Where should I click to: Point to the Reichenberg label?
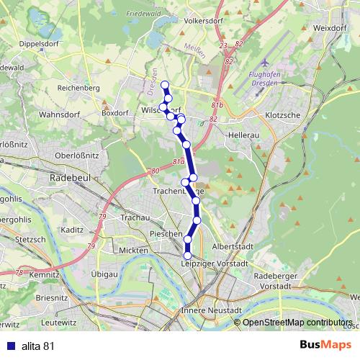tap(74, 87)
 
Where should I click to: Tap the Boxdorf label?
tap(114, 112)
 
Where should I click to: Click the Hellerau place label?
tap(243, 135)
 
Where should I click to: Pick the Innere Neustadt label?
tap(205, 310)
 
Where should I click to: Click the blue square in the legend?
tap(9, 346)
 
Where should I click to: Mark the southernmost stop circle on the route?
tap(188, 255)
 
